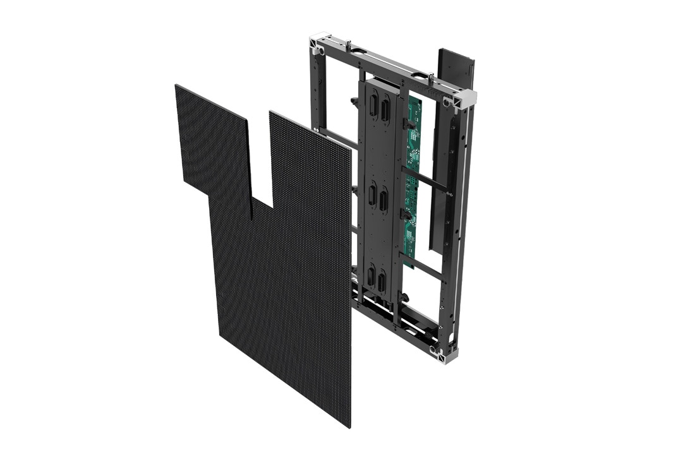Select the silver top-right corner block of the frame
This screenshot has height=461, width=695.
click(465, 99)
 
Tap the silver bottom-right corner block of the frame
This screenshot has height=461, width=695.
click(448, 355)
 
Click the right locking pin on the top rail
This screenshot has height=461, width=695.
click(431, 78)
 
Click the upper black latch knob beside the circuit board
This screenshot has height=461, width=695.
click(410, 124)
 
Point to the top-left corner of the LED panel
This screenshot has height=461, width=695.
click(176, 86)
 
